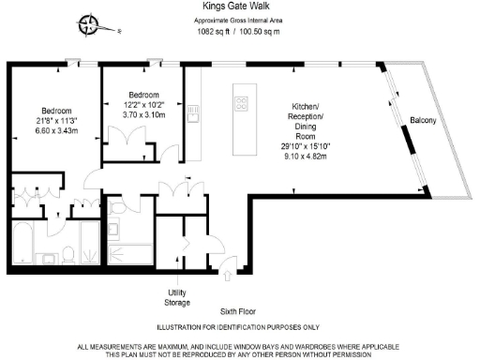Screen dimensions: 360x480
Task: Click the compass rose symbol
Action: pos(90,26)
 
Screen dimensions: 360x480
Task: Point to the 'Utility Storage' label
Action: pos(178,297)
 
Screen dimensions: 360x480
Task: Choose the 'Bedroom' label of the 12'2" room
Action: pos(143,95)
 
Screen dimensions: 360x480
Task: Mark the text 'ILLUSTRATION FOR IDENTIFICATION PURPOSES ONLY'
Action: pos(239,327)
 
